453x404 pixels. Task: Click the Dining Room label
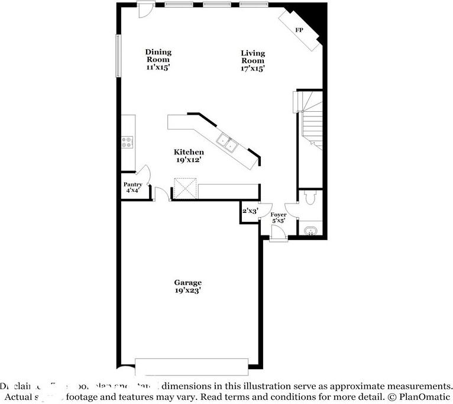point(158,60)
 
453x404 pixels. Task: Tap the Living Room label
point(253,61)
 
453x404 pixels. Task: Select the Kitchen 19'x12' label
point(189,156)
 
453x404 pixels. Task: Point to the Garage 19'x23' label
point(187,286)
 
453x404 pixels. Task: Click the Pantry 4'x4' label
point(132,188)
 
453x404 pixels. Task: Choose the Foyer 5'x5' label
point(279,218)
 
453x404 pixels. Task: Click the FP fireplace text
point(299,30)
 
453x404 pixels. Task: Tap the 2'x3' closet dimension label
point(250,211)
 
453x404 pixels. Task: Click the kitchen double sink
point(227,143)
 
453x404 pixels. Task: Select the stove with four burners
point(127,141)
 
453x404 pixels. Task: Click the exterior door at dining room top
point(145,9)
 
